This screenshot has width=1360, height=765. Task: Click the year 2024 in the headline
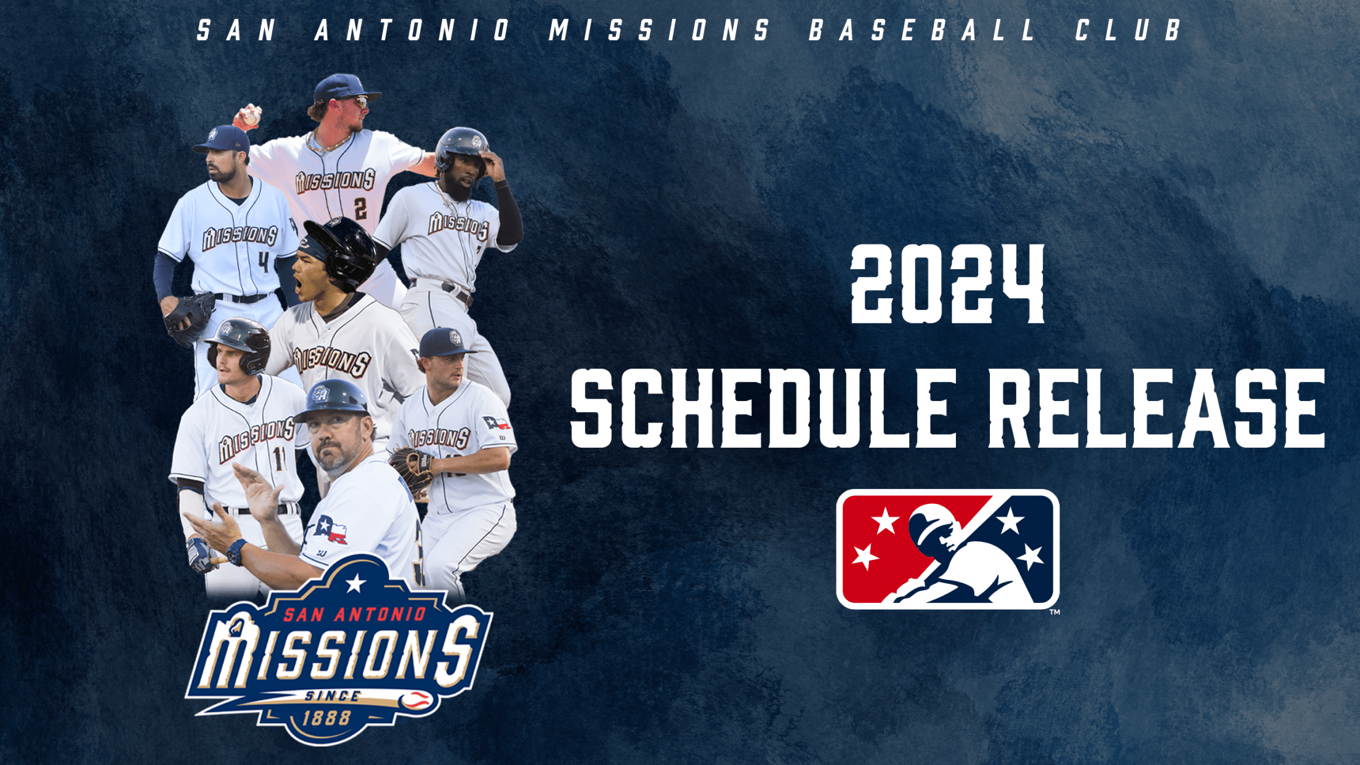tap(947, 285)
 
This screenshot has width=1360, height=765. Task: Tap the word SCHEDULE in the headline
tap(764, 409)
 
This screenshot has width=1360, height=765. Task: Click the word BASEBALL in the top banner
tap(922, 30)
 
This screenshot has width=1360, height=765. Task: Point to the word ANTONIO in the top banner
tap(411, 30)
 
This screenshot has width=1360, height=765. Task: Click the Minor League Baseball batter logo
tap(947, 549)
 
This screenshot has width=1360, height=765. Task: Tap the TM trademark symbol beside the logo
tap(1054, 612)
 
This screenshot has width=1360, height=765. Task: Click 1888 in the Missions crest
tap(327, 718)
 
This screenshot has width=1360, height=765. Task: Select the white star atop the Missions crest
tap(355, 583)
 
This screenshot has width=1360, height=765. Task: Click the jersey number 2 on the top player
tap(360, 208)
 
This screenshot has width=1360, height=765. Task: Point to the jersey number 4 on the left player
tap(264, 262)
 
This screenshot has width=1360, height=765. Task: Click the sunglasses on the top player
tap(358, 102)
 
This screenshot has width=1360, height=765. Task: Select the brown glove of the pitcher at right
tap(411, 469)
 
